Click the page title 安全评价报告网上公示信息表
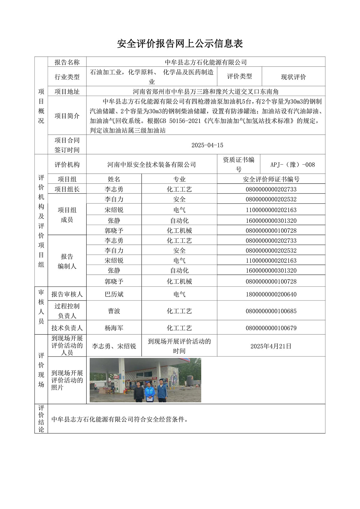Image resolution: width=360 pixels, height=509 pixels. pos(180,44)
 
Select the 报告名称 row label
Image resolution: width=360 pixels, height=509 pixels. pos(67,62)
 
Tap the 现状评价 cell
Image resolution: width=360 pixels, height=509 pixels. pos(293,77)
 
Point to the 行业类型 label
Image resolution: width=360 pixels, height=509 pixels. pos(67,77)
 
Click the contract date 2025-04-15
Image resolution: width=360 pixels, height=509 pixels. pos(207,145)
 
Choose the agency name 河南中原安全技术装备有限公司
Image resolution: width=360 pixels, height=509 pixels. pos(151,164)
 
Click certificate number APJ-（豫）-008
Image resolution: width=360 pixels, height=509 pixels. pos(292,164)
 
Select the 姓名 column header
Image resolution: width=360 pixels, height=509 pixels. pos(114,179)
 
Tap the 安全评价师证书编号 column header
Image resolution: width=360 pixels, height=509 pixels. pos(271,179)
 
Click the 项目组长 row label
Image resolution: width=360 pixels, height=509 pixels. pos(67,189)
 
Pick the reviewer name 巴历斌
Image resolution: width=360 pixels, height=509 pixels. pos(114,294)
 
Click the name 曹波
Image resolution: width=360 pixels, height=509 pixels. pos(114,311)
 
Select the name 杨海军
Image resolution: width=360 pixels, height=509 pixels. pos(114,328)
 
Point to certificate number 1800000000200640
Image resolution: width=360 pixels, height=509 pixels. pos(271,294)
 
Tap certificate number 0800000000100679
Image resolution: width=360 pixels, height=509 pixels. pos(271,328)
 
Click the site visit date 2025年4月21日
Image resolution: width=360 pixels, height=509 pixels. pos(271,346)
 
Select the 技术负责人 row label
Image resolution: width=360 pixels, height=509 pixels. pos(67,328)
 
